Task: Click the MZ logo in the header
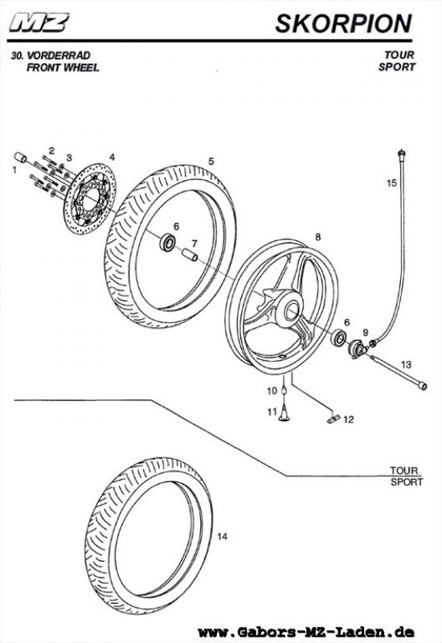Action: pos(39,23)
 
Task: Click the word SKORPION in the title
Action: pos(344,23)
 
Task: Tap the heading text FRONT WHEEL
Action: pos(63,68)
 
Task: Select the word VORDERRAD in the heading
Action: pos(58,55)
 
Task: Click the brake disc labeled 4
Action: pos(90,199)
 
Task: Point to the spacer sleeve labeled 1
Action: pos(21,158)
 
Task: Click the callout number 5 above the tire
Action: pos(211,162)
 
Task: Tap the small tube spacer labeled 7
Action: pos(190,255)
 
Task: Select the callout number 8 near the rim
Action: pos(317,236)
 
